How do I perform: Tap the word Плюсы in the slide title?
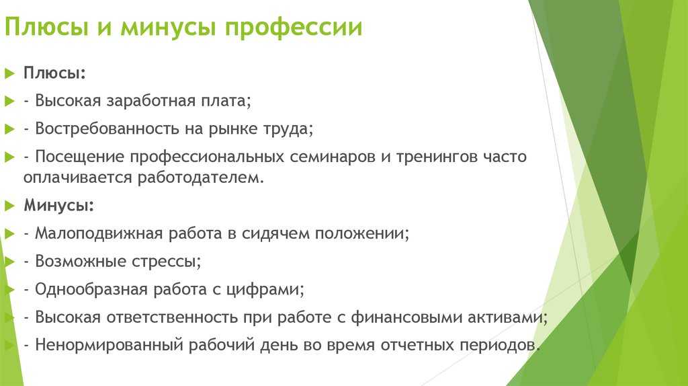pyautogui.click(x=46, y=27)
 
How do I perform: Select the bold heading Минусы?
pyautogui.click(x=59, y=206)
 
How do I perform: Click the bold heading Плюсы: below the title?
pyautogui.click(x=54, y=73)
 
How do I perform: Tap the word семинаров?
pyautogui.click(x=333, y=157)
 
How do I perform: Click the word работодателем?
pyautogui.click(x=201, y=178)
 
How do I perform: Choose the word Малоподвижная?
pyautogui.click(x=99, y=233)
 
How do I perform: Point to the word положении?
pyautogui.click(x=362, y=233)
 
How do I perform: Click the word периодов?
pyautogui.click(x=500, y=345)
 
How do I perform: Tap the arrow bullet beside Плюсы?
pyautogui.click(x=9, y=73)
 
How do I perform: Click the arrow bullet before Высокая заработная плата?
pyautogui.click(x=9, y=102)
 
